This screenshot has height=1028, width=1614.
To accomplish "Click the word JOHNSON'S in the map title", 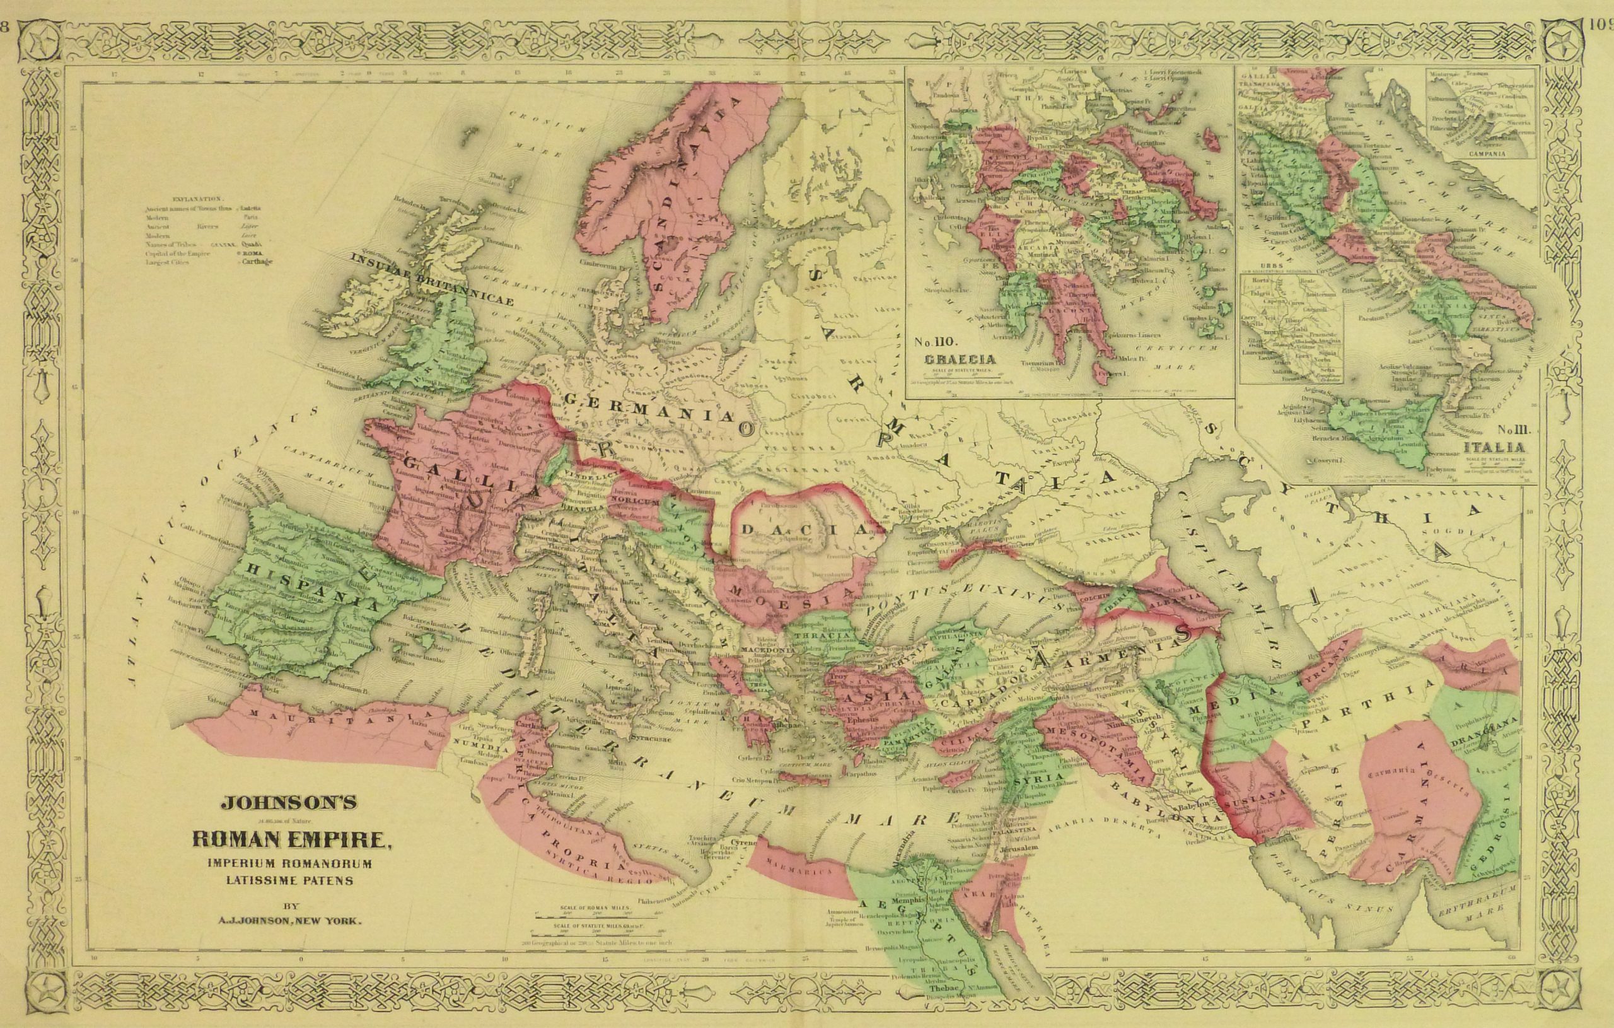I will pyautogui.click(x=289, y=802).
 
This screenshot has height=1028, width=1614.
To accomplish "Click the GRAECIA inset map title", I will pyautogui.click(x=960, y=359).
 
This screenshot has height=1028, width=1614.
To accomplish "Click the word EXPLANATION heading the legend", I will pyautogui.click(x=195, y=199).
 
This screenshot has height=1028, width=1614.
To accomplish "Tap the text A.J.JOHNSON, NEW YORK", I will pyautogui.click(x=289, y=921).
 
